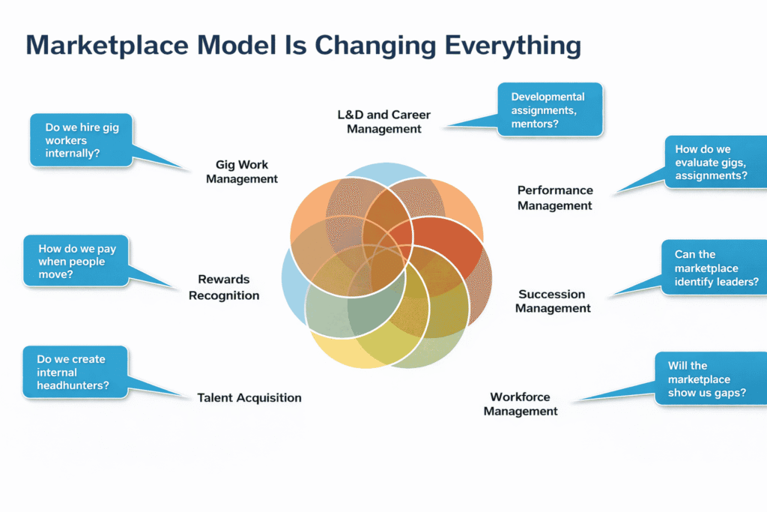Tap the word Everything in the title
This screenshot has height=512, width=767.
click(513, 46)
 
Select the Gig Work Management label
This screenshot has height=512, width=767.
click(242, 172)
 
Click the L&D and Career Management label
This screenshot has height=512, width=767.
click(384, 122)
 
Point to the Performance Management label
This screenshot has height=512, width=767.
click(555, 198)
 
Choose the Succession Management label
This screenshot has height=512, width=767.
click(553, 301)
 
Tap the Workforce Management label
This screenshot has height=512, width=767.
click(521, 404)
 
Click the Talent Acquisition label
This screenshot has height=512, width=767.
click(249, 398)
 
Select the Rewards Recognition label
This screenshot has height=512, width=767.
click(224, 287)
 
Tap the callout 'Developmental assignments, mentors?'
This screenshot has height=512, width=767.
click(549, 109)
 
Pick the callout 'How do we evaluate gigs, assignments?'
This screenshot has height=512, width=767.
click(715, 163)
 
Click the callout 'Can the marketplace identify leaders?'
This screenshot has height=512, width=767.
click(715, 268)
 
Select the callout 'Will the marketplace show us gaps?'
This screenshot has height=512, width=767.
click(710, 379)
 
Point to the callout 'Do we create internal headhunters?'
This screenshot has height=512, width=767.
click(75, 372)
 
